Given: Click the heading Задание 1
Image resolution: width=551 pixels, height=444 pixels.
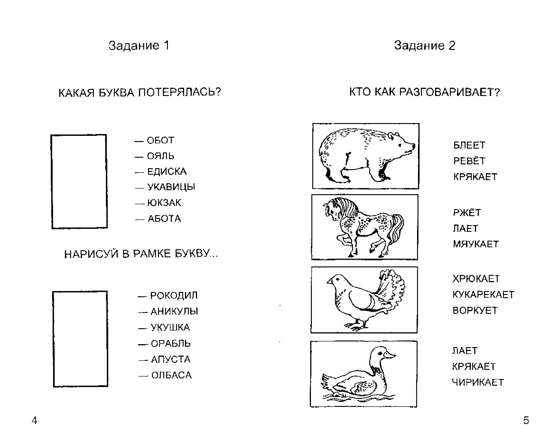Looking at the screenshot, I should point(139,46).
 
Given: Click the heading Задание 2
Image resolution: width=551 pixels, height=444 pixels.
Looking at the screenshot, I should point(425,46).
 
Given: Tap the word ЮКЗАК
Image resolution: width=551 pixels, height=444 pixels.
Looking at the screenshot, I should point(164,203).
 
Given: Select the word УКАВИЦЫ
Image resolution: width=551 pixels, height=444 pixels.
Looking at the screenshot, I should point(171,187).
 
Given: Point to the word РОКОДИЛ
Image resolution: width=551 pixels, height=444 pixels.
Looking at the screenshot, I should point(174,295).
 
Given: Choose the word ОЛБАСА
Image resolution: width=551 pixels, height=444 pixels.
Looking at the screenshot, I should point(172,375).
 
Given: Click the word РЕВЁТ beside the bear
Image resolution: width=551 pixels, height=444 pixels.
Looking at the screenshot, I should point(469,161).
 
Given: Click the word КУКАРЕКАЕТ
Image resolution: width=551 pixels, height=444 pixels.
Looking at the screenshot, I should point(483,295).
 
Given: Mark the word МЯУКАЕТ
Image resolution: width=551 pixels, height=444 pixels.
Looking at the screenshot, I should point(476,244).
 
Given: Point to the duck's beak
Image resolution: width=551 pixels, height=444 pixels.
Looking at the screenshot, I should point(390,356).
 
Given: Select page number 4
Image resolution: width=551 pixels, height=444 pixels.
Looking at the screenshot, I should point(34,420).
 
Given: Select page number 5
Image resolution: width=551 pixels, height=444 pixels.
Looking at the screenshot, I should point(526,420).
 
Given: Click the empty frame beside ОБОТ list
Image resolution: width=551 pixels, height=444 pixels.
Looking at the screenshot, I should point(79,181).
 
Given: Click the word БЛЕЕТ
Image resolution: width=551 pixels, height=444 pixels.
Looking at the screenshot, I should point(469,145).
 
